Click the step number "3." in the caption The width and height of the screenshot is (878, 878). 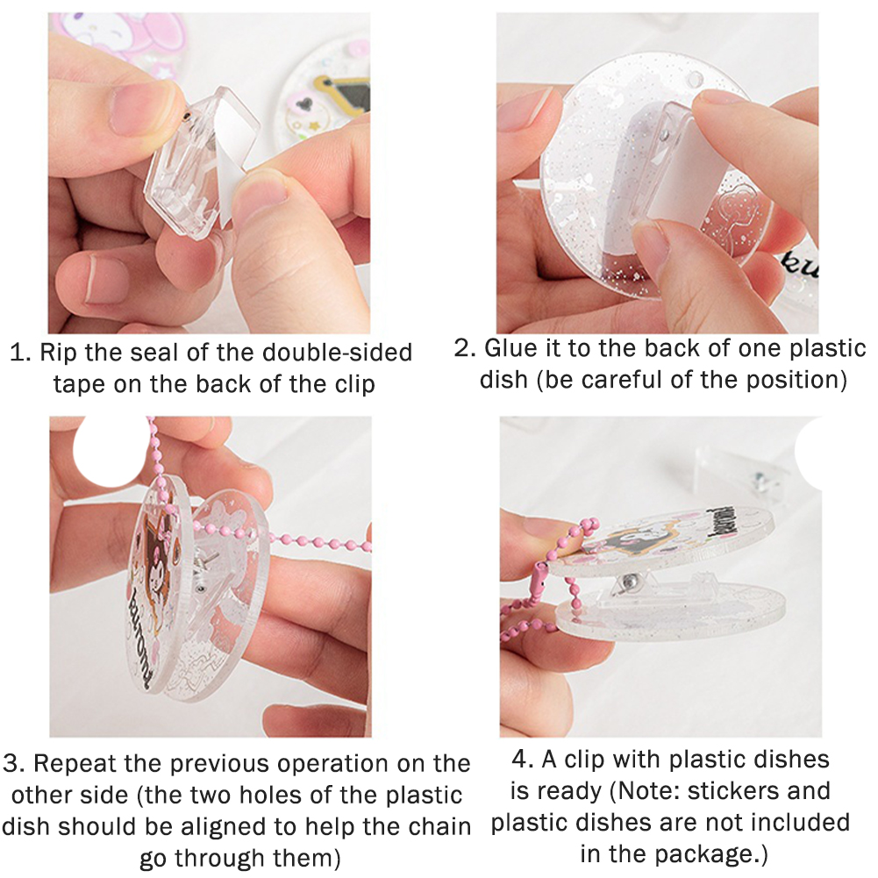[x=15, y=763]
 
